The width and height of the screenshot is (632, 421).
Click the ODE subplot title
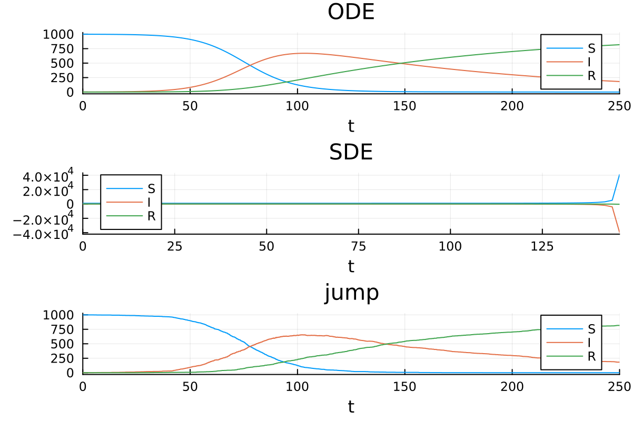351,12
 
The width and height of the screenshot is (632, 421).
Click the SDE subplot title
351,152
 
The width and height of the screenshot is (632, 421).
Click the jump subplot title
351,293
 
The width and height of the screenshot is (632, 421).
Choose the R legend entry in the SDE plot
151,216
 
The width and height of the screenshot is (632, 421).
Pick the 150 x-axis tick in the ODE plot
404,106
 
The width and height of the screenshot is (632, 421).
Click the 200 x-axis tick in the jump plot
512,386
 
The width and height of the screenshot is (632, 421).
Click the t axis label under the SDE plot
351,266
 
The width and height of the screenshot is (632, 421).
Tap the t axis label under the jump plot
351,406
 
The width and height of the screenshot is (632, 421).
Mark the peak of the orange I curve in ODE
303,53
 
